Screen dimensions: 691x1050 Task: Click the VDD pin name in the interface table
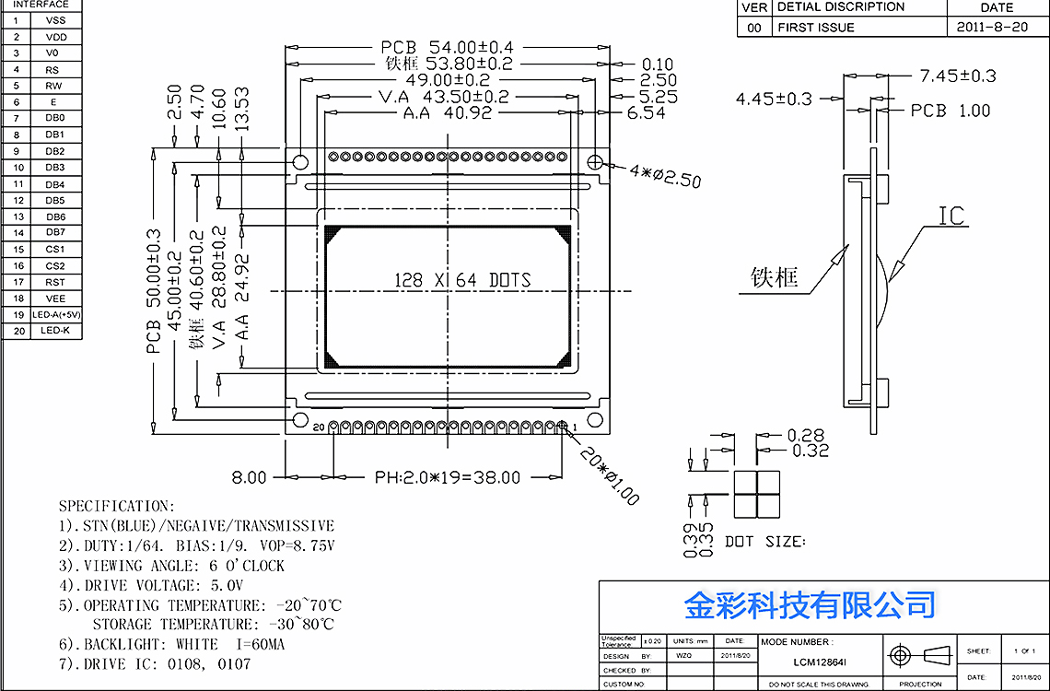tap(56, 37)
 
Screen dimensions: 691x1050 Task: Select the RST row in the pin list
tap(56, 282)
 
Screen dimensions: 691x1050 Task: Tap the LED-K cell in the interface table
tap(56, 331)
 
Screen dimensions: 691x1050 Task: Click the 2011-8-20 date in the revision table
tap(992, 28)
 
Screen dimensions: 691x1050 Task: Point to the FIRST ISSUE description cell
tap(816, 28)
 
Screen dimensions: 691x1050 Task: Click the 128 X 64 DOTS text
tap(462, 280)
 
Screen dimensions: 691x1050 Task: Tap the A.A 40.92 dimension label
tap(448, 113)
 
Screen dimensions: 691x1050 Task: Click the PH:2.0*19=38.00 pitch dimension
tap(447, 477)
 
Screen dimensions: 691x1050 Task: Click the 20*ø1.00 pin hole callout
tap(609, 476)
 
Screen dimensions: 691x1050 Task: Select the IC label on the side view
tap(951, 217)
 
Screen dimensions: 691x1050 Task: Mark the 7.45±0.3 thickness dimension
tap(957, 76)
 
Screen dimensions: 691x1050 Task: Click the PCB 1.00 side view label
tap(950, 111)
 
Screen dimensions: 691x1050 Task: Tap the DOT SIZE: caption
tap(764, 542)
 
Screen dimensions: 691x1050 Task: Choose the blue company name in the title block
tap(809, 605)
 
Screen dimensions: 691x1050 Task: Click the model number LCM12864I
tap(821, 661)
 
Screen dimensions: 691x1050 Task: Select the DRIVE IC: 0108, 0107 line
tap(154, 663)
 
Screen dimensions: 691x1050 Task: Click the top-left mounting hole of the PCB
tap(300, 163)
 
